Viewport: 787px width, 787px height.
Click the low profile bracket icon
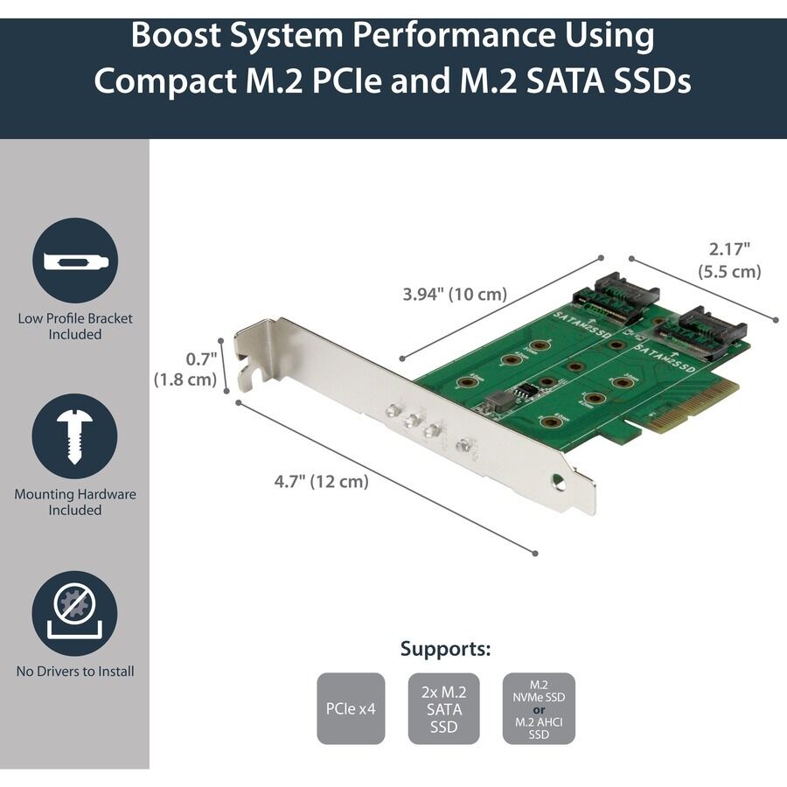(74, 261)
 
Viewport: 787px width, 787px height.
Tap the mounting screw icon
(74, 435)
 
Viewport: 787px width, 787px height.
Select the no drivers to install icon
(74, 614)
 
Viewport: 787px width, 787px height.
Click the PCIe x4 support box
(351, 708)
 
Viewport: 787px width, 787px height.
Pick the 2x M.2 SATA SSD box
(443, 708)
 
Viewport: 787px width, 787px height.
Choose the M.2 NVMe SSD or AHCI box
(539, 708)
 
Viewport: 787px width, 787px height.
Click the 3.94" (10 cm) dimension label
(455, 295)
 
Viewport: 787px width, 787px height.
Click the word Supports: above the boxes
(445, 649)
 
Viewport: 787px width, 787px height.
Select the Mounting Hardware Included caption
(74, 502)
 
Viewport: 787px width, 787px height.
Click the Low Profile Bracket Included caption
(74, 326)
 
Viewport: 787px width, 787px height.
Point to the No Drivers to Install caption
(74, 672)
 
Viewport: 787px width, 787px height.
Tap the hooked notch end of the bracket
(248, 376)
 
